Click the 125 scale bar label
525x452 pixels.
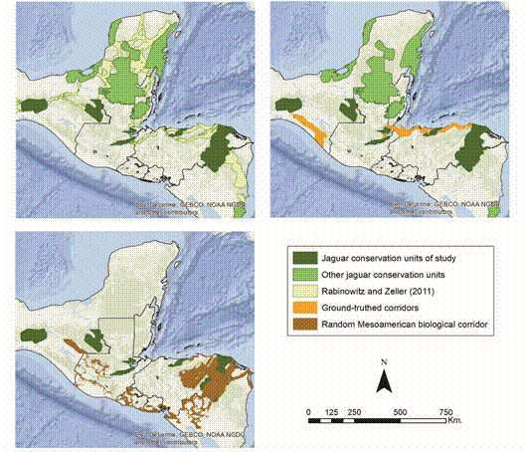tap(333, 412)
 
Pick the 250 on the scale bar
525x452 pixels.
tap(355, 412)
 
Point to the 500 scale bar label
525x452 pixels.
tap(401, 412)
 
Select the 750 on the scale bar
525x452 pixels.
tap(446, 412)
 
